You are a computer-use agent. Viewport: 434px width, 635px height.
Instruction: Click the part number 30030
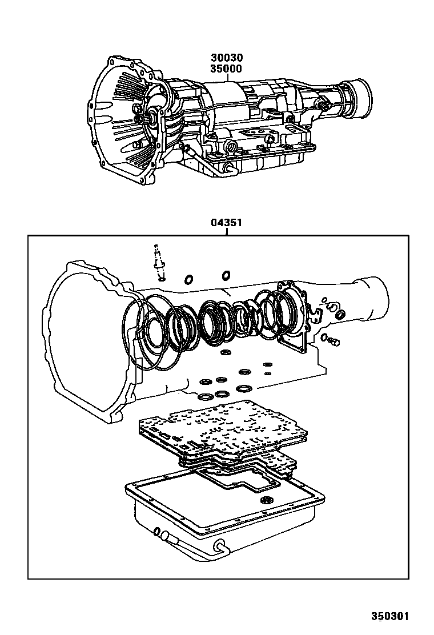tap(227, 58)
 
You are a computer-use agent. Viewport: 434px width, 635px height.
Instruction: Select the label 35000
tap(227, 69)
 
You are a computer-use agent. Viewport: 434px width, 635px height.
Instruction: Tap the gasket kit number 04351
tap(227, 223)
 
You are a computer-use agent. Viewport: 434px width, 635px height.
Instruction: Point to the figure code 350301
tap(391, 617)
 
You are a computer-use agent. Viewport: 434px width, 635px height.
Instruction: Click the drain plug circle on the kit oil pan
tap(265, 500)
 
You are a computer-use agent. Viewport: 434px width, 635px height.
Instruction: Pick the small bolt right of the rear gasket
tap(335, 341)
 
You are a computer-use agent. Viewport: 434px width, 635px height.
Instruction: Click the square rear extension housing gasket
tap(294, 331)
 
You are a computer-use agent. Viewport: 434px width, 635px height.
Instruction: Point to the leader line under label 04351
tap(227, 232)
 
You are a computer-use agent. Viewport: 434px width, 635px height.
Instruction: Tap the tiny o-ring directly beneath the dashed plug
tap(161, 278)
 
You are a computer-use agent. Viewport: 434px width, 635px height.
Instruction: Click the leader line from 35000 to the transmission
tap(227, 78)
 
